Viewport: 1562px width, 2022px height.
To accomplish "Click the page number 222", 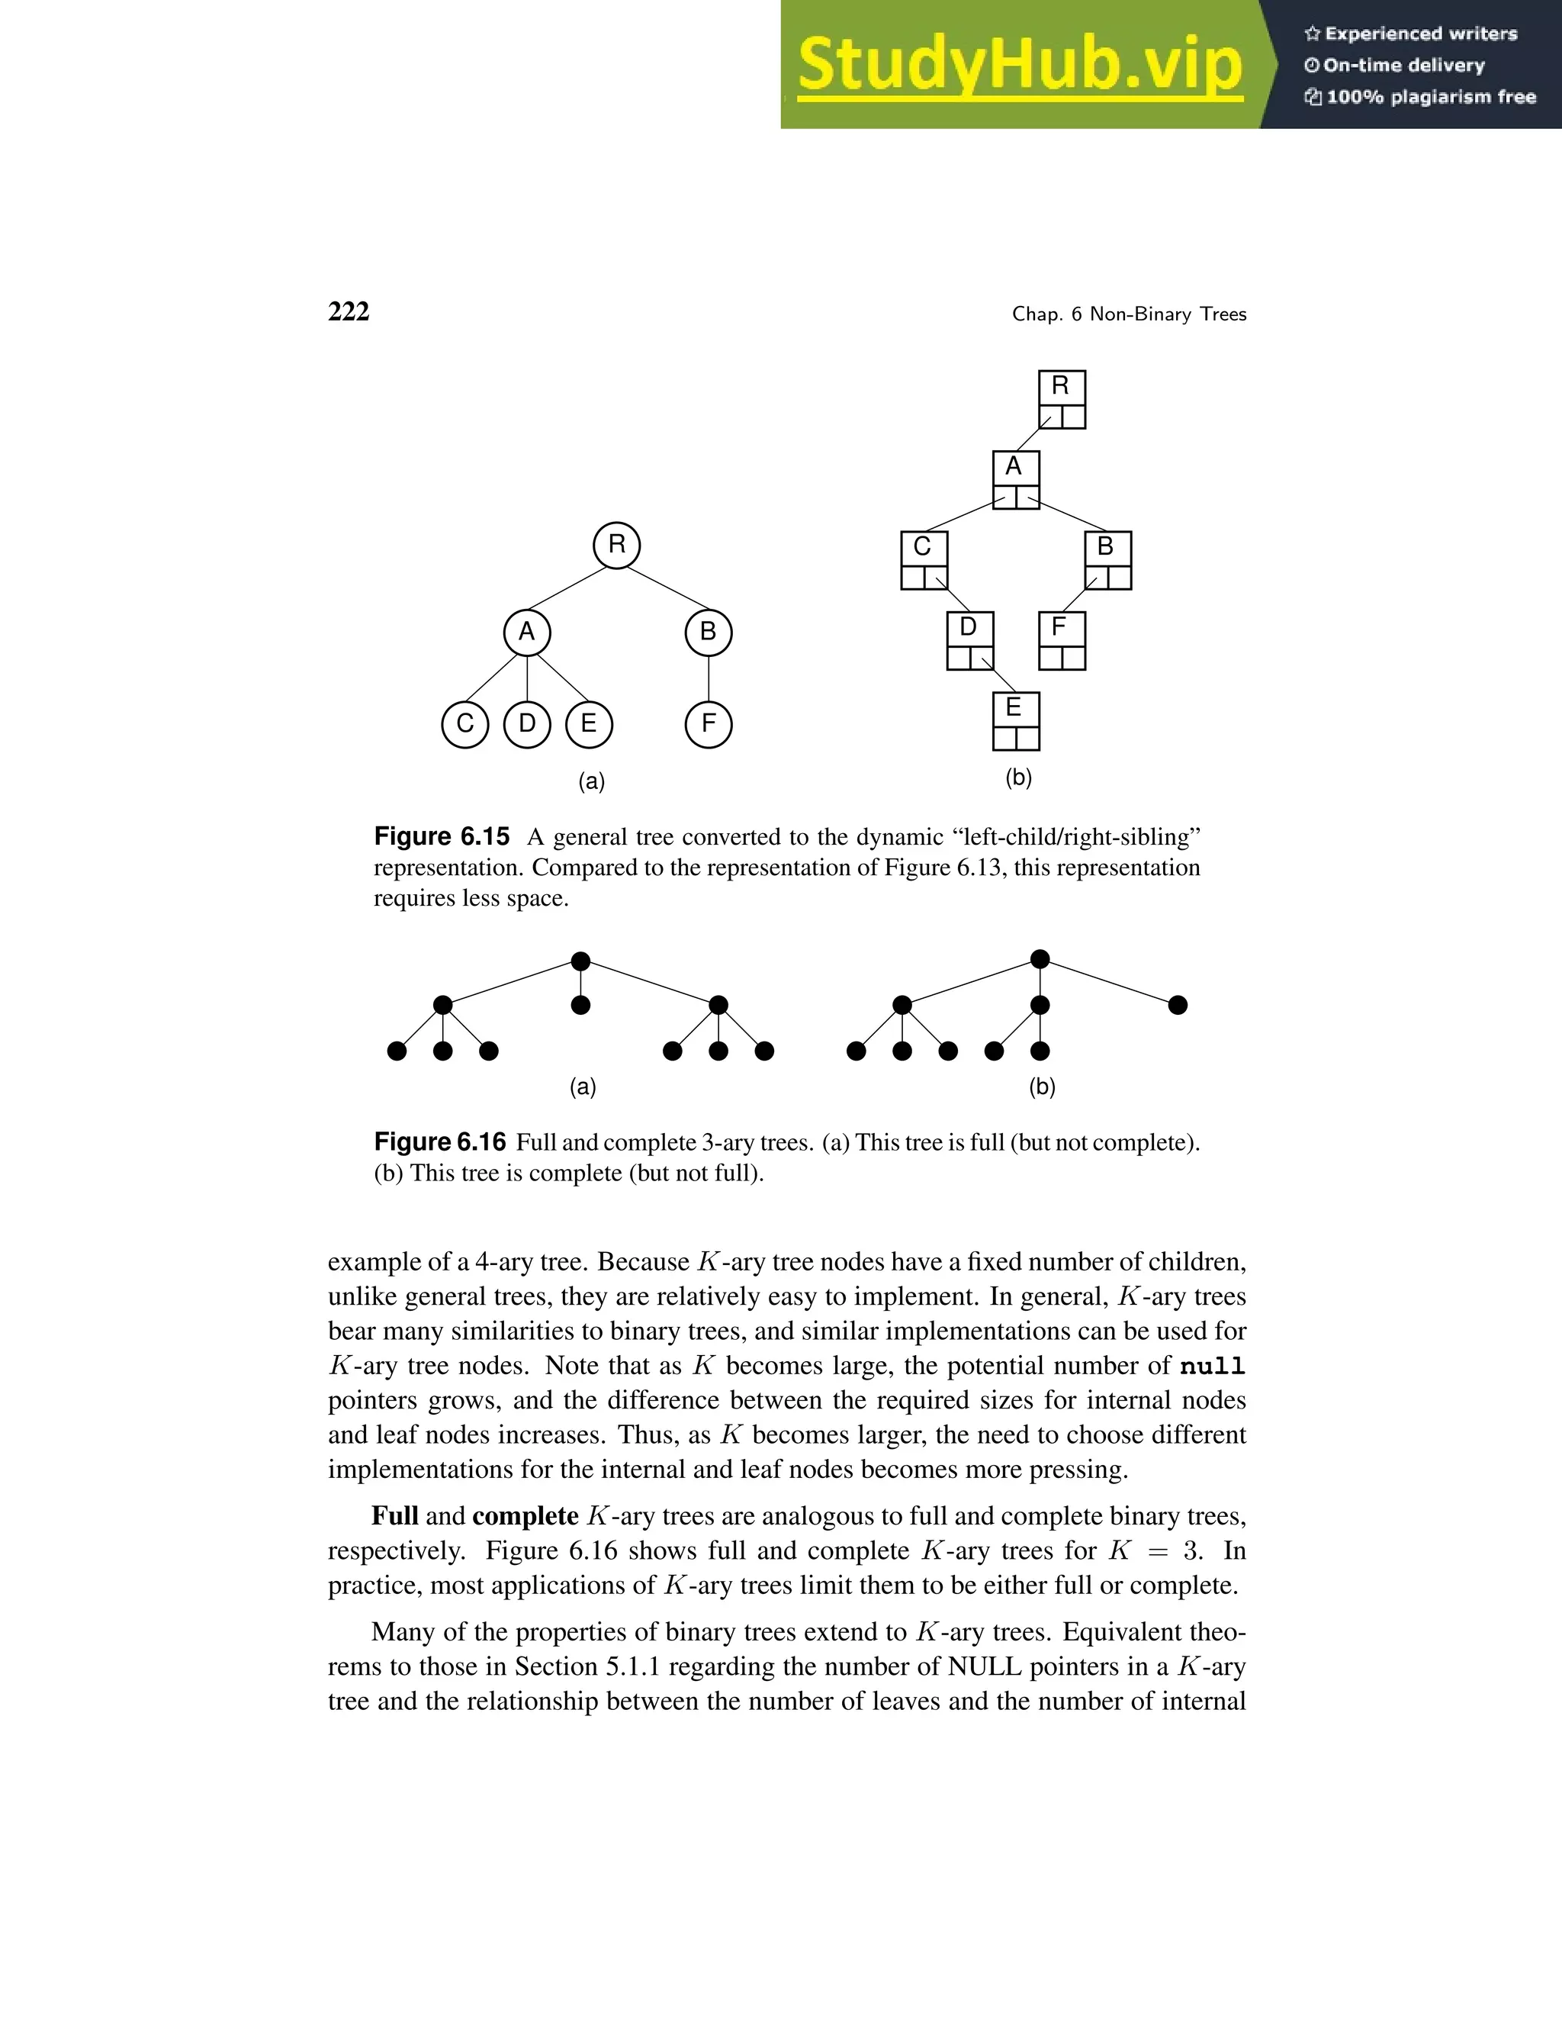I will [349, 312].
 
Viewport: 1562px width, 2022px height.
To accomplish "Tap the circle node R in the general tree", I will [616, 544].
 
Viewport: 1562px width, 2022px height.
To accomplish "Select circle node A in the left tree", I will [526, 633].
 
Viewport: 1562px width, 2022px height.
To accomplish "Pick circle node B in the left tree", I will [708, 633].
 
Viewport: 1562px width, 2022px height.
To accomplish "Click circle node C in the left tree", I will [465, 724].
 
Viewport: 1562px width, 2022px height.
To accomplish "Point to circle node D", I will [526, 724].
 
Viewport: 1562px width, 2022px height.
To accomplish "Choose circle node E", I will [589, 724].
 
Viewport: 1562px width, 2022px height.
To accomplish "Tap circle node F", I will [708, 724].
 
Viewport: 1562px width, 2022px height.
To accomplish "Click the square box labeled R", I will [1062, 399].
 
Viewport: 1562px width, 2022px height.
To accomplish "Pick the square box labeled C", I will [924, 560].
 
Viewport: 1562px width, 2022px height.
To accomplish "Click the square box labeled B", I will [1107, 560].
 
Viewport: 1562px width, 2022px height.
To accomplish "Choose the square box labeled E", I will [1015, 721].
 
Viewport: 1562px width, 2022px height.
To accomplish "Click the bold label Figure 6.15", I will [442, 837].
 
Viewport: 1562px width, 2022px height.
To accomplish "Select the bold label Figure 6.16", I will [439, 1141].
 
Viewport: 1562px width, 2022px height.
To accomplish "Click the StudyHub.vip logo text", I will [1020, 65].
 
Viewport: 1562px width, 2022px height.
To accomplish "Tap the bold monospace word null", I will [1212, 1367].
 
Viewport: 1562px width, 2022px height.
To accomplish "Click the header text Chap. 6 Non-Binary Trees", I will [1129, 314].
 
